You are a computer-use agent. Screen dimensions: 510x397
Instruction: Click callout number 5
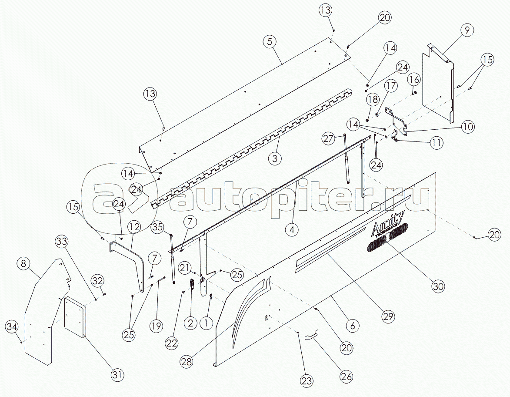coord(270,42)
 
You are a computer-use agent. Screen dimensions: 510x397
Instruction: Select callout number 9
coord(467,30)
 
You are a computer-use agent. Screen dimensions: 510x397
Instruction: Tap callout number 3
coord(275,158)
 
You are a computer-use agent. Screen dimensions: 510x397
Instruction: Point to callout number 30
coord(438,286)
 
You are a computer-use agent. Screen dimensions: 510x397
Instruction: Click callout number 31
coord(118,375)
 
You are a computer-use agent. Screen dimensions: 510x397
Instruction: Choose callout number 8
coord(23,263)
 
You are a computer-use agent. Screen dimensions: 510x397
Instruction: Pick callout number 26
coord(346,377)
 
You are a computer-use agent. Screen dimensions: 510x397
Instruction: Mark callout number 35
coord(157,226)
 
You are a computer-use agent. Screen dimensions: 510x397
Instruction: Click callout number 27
coord(328,139)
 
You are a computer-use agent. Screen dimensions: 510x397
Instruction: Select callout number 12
coord(133,226)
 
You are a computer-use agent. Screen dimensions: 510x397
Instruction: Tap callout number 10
coord(468,126)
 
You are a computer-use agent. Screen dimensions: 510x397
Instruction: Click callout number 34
coord(12,326)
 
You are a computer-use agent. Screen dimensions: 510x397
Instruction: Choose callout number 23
coord(307,380)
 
